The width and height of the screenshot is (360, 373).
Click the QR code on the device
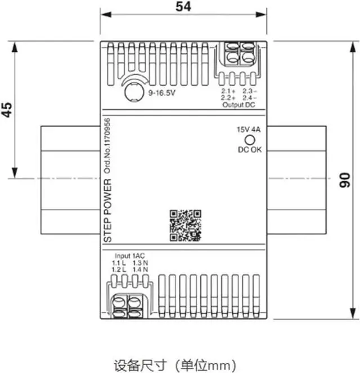(186, 225)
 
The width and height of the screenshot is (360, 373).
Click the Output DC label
(238, 105)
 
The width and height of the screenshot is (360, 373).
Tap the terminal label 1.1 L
(118, 263)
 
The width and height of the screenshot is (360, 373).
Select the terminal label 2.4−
(249, 98)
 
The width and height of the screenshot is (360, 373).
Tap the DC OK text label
(250, 150)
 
